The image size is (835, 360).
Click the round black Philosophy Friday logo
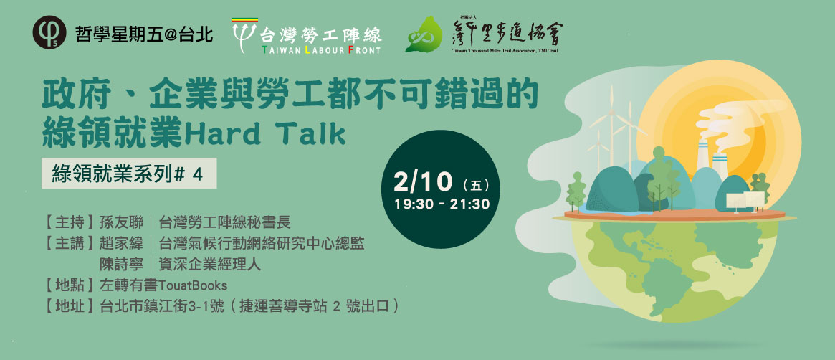tap(49, 32)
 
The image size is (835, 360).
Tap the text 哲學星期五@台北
tap(144, 34)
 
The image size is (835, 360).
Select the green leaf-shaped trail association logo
tap(424, 34)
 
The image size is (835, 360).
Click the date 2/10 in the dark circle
tap(423, 183)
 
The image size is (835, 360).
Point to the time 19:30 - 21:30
tap(442, 204)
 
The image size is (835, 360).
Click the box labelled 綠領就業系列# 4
tap(129, 173)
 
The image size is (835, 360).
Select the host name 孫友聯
tap(121, 222)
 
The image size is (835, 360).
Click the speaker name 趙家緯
tap(121, 243)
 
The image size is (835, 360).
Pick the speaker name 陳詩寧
tap(121, 264)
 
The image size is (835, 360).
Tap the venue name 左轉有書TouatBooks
tap(163, 285)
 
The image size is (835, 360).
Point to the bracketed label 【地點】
tap(70, 285)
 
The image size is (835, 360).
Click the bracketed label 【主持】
tap(70, 222)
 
